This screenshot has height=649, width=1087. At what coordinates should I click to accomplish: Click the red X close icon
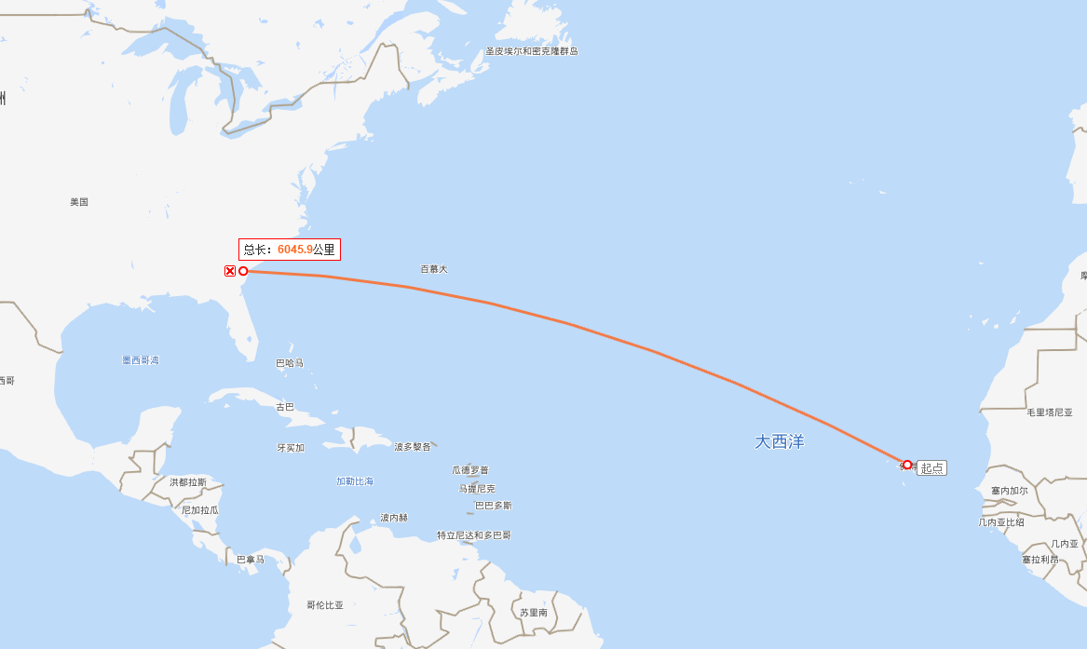[x=230, y=271]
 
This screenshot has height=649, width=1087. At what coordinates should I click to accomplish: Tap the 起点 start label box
[x=931, y=468]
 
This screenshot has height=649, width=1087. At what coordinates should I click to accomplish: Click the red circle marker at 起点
[x=907, y=465]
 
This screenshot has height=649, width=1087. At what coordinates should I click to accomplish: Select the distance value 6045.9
[x=294, y=250]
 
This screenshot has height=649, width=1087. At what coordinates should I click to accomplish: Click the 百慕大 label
[x=433, y=269]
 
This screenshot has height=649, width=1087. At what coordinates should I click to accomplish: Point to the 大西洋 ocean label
[x=779, y=441]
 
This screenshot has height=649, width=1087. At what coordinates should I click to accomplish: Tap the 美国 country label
[x=79, y=201]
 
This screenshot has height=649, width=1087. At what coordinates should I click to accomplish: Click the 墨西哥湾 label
[x=141, y=359]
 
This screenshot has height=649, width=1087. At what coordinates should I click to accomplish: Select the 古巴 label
[x=285, y=407]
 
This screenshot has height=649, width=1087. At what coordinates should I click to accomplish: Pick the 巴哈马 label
[x=290, y=363]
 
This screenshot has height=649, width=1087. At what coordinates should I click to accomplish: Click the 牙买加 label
[x=291, y=448]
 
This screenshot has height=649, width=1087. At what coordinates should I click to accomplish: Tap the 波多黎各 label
[x=413, y=447]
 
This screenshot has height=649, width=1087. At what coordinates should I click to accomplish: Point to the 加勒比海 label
[x=355, y=481]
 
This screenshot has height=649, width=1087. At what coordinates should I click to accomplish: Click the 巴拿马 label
[x=251, y=560]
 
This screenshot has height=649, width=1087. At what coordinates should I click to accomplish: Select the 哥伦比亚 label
[x=325, y=605]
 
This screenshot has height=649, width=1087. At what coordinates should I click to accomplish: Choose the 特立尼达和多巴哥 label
[x=473, y=535]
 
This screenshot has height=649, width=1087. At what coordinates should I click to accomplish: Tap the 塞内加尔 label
[x=1010, y=491]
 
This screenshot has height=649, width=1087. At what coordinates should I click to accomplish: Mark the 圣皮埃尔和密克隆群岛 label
[x=531, y=51]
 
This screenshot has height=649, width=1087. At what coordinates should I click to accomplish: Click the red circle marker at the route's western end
[x=243, y=271]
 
